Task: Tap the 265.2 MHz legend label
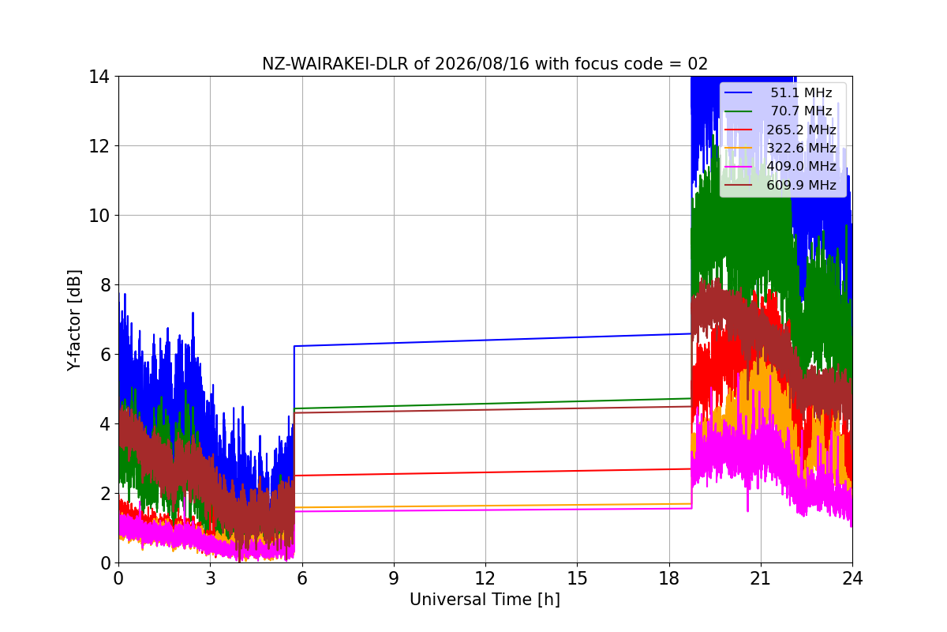(x=801, y=130)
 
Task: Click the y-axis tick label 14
(x=99, y=77)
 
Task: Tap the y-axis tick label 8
(x=105, y=285)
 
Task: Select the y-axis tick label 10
(x=99, y=216)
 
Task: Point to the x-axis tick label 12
(x=485, y=578)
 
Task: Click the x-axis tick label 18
(x=669, y=578)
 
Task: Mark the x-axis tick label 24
(x=852, y=578)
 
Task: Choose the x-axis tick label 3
(x=211, y=578)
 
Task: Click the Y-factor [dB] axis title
(x=74, y=320)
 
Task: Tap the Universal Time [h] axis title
(x=485, y=600)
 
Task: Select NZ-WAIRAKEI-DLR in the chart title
(x=335, y=64)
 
